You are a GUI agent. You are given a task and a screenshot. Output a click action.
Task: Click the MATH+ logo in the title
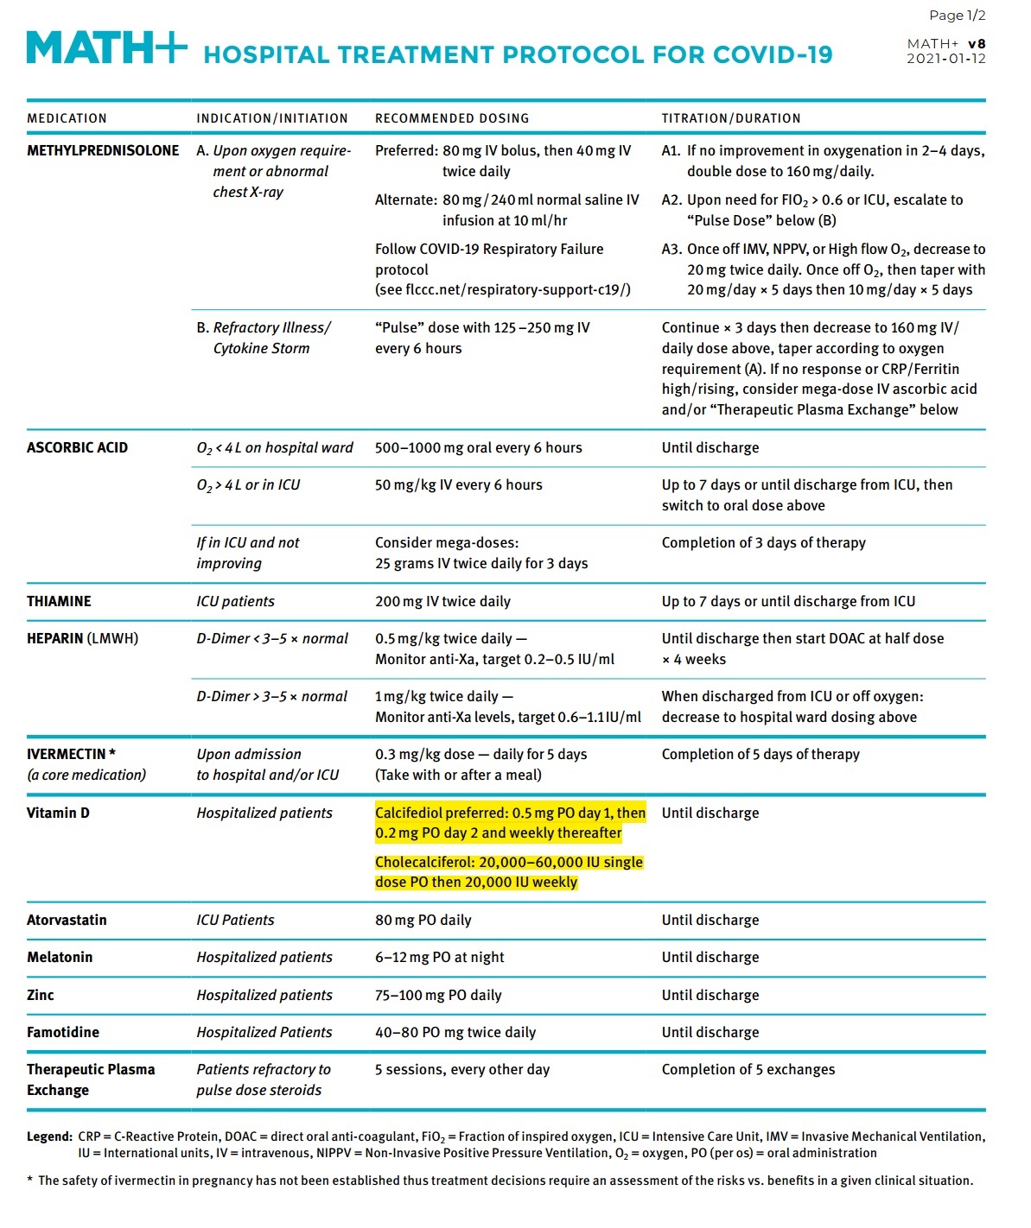[106, 47]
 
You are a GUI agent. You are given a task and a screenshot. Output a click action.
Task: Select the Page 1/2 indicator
[957, 16]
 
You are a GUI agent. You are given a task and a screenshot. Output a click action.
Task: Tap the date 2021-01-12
[945, 59]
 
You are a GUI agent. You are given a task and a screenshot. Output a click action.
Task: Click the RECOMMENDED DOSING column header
[451, 118]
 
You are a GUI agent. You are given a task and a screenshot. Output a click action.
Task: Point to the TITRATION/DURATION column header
[730, 118]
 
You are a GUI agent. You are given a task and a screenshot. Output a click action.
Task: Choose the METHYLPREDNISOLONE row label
[103, 150]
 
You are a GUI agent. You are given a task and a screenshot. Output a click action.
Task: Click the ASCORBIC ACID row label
[77, 447]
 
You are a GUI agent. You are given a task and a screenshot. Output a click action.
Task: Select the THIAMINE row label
[59, 601]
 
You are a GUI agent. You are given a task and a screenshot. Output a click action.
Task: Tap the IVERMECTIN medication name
[67, 754]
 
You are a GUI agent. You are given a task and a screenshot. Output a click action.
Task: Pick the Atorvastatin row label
[67, 920]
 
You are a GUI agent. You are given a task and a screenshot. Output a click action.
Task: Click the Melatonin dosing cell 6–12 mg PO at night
[439, 957]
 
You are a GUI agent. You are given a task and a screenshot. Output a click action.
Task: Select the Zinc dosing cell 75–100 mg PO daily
[438, 995]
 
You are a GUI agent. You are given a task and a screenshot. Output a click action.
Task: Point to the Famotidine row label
[63, 1032]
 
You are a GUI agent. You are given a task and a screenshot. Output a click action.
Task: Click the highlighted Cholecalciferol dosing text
[508, 872]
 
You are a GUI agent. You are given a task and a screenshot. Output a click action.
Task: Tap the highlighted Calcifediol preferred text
[510, 823]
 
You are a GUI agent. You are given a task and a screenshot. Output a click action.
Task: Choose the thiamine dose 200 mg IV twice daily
[442, 601]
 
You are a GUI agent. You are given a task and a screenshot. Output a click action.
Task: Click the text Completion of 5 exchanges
[748, 1069]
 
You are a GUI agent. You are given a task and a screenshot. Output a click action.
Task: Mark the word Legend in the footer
[48, 1136]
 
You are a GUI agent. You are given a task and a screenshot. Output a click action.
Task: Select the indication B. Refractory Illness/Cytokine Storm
[262, 338]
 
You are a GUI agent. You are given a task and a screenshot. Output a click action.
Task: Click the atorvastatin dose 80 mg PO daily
[423, 920]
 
